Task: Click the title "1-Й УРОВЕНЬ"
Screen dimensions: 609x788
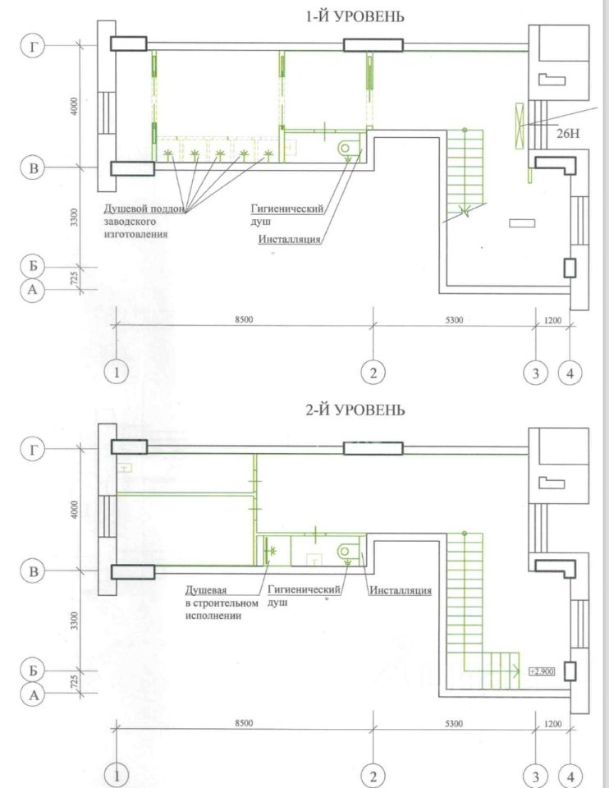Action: click(x=355, y=16)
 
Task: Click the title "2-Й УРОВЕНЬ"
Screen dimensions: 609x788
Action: click(x=355, y=410)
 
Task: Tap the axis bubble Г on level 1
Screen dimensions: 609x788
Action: click(x=33, y=46)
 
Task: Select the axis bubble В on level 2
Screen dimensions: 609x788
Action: click(x=33, y=571)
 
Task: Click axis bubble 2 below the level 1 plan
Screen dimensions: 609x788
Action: click(x=373, y=373)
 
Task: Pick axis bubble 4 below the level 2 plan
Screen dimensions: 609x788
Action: click(x=570, y=777)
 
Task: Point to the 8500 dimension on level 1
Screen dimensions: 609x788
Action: click(x=244, y=319)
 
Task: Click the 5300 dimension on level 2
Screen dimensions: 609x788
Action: click(x=454, y=724)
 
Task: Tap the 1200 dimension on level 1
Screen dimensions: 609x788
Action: click(x=552, y=320)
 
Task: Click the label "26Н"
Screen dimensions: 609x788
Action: click(x=568, y=134)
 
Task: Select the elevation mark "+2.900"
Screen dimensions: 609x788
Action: click(x=543, y=671)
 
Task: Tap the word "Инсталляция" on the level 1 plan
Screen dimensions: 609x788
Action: click(x=290, y=239)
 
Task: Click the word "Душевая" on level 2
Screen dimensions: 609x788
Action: click(x=206, y=590)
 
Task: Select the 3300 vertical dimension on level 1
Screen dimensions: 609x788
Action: click(x=75, y=217)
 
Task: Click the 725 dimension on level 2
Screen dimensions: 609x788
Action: click(x=75, y=681)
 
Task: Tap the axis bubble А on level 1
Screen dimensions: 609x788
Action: click(x=33, y=290)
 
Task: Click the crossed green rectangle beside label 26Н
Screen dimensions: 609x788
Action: click(x=520, y=126)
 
